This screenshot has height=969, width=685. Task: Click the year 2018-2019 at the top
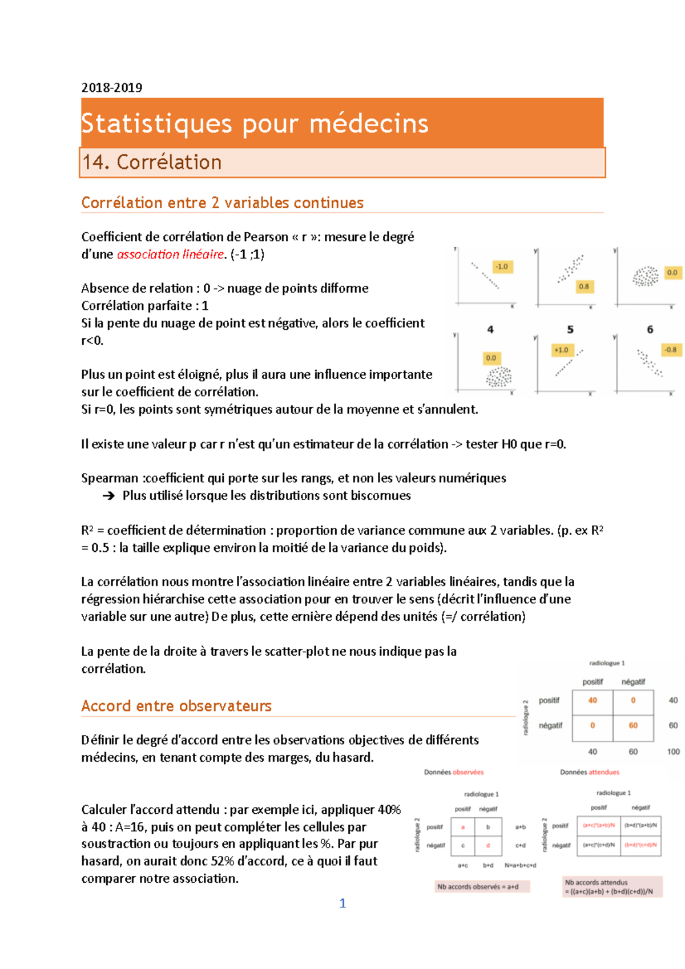111,87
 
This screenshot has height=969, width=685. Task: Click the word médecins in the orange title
369,123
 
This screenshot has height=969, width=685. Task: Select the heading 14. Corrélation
152,162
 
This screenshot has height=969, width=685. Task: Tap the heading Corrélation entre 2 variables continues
222,203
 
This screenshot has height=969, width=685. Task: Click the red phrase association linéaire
170,255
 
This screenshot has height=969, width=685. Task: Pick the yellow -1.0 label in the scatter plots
502,267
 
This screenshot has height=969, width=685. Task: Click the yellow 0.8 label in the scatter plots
583,286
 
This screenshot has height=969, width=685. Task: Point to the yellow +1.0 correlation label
561,350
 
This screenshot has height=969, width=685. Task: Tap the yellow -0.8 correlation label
670,349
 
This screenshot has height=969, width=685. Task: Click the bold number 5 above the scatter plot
570,329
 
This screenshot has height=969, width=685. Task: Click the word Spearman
110,478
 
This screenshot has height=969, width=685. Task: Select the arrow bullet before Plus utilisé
108,496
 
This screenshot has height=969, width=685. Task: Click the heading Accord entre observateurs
176,706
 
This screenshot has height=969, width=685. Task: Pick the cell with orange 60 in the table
633,725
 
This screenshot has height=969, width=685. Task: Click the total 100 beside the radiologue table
673,752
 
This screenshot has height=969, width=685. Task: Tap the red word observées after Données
468,772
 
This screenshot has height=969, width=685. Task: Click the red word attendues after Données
604,772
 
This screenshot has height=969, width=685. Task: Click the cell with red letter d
488,845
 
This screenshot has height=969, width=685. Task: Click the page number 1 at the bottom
342,903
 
